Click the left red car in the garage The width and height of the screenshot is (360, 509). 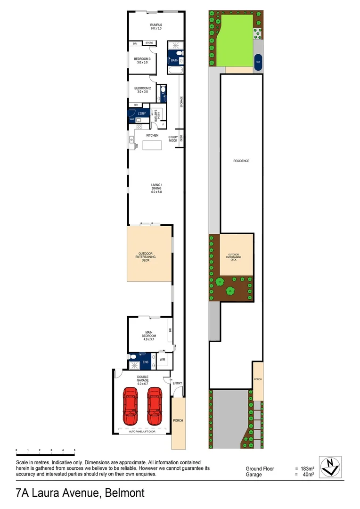pos(131,406)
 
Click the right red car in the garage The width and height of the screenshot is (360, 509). pos(155,406)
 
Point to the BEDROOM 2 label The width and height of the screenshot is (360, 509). pos(142,90)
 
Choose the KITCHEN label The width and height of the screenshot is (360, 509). pos(152,136)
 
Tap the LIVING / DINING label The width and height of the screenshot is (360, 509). pos(156,188)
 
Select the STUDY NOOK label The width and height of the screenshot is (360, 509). pos(173,139)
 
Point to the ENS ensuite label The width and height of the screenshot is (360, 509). pos(145,362)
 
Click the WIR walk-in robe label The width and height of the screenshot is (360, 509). pos(162,360)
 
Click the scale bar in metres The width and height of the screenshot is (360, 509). pos(45,452)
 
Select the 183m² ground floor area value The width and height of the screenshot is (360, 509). pos(308,469)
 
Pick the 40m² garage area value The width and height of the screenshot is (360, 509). pos(308,475)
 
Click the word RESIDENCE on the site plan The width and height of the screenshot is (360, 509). pos(241,161)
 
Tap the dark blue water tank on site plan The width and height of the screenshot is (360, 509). pos(258,62)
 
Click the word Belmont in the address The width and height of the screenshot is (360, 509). pos(125,493)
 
